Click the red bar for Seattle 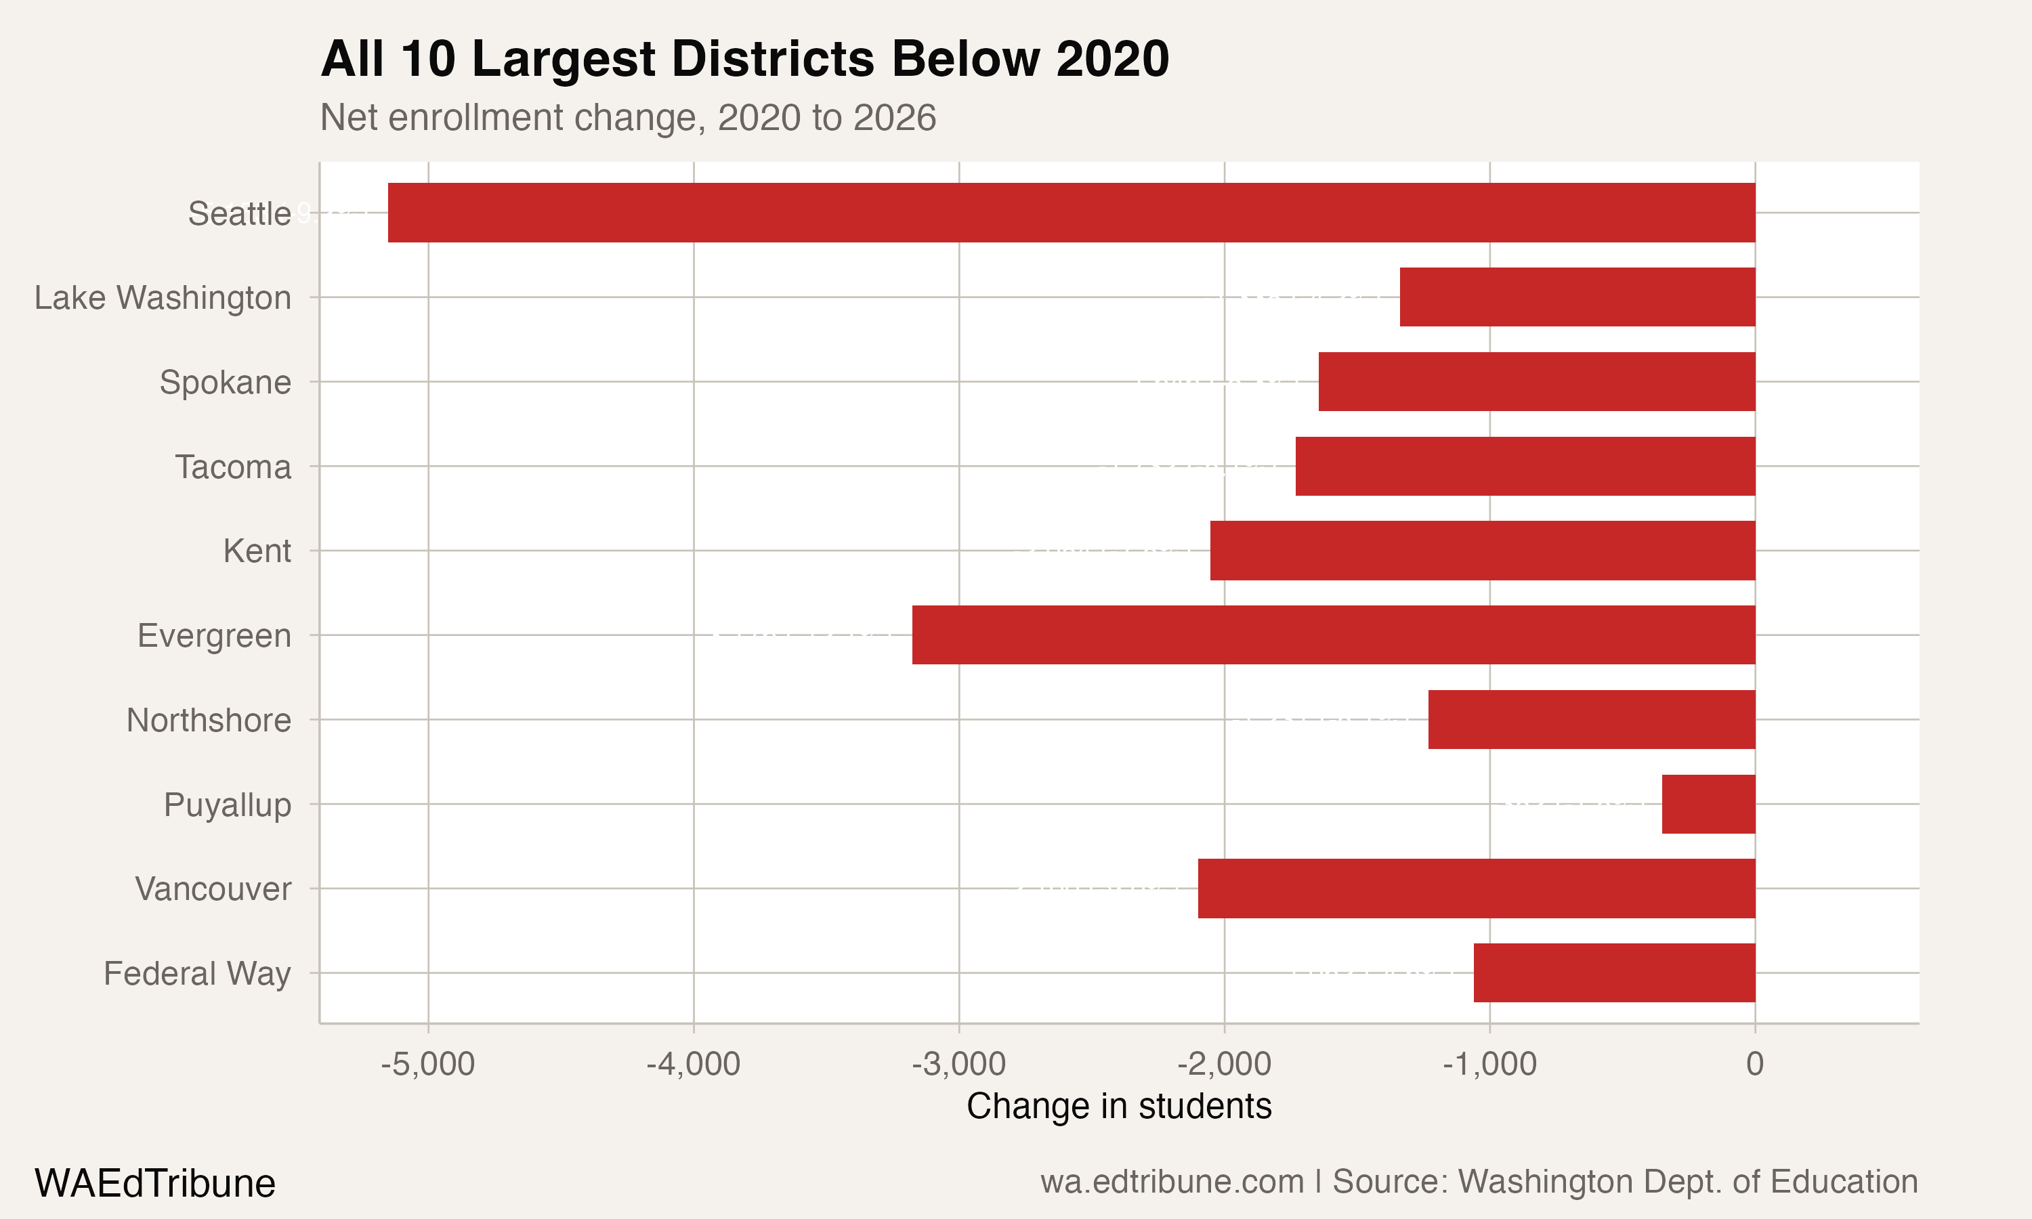(1071, 213)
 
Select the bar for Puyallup (1708, 804)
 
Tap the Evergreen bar (1333, 635)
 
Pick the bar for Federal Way (1614, 972)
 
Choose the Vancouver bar (1476, 888)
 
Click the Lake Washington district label (163, 297)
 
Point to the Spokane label (225, 382)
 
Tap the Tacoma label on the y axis (232, 467)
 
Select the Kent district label (257, 551)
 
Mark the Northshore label (209, 720)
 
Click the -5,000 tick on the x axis (428, 1064)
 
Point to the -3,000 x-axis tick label (958, 1064)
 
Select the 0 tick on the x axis (1754, 1064)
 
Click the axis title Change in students (1119, 1107)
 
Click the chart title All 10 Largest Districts (744, 59)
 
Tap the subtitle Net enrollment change (627, 117)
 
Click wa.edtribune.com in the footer (1172, 1182)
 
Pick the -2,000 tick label (1224, 1064)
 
